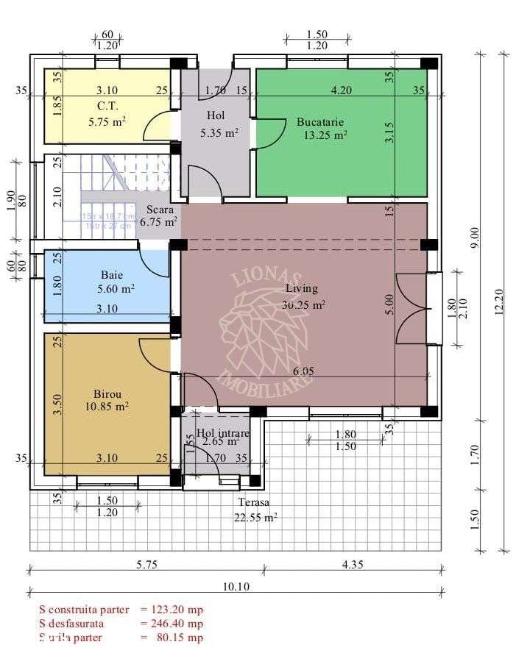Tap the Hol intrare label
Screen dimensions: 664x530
coord(224,433)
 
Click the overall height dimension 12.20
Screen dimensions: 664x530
coord(501,301)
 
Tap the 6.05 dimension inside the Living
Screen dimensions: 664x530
coord(303,372)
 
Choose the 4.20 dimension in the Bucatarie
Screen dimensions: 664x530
coord(340,90)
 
